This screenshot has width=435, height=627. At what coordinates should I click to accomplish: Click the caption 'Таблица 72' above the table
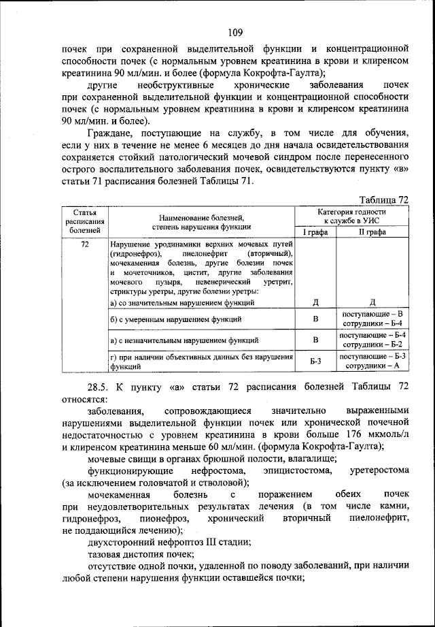(x=383, y=199)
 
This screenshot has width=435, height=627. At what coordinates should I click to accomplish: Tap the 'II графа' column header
(x=372, y=232)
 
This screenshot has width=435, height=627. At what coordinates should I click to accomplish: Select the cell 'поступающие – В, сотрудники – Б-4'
(x=373, y=318)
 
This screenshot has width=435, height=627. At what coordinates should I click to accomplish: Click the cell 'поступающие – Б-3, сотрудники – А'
(x=373, y=361)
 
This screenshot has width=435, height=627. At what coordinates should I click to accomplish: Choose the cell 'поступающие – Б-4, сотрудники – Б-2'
(x=373, y=340)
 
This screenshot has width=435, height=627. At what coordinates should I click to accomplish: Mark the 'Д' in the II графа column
(x=373, y=302)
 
